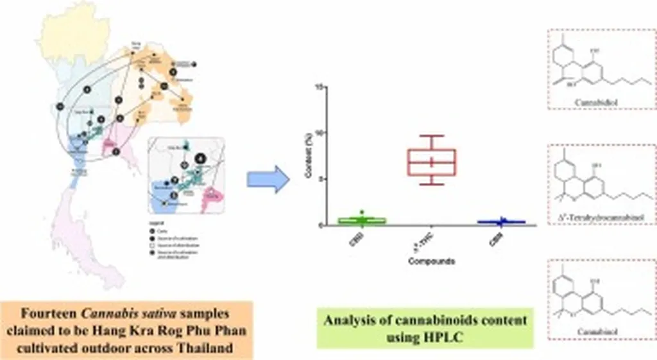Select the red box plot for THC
[431, 162]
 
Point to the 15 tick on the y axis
[315, 86]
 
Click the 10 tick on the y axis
[315, 133]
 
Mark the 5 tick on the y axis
[316, 179]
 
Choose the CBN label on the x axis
[495, 238]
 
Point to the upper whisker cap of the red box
[431, 135]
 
